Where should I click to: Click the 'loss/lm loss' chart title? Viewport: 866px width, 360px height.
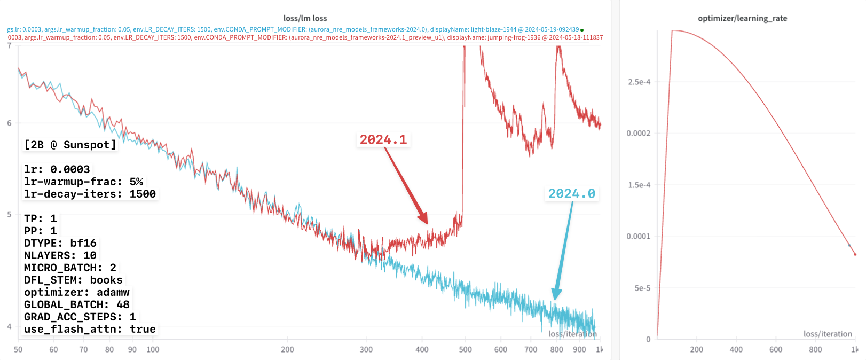coord(305,18)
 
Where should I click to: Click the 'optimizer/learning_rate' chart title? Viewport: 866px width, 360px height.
coord(742,18)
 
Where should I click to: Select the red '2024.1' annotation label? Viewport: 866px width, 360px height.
coord(383,140)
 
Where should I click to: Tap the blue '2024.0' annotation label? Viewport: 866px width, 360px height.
coord(571,194)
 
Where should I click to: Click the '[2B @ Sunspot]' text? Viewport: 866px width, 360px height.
coord(70,145)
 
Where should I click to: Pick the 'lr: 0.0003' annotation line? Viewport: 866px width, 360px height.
coord(57,169)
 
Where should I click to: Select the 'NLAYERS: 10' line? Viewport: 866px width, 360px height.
coord(60,255)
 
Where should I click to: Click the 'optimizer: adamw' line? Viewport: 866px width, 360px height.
coord(77,292)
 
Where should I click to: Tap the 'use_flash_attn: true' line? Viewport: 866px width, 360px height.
coord(90,329)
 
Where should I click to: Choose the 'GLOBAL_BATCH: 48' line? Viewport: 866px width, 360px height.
coord(77,304)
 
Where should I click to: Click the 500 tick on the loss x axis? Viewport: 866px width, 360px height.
coord(465,349)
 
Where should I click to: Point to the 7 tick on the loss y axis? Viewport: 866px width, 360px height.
coord(9,46)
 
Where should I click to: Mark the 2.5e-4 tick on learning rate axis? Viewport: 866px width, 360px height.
coord(639,82)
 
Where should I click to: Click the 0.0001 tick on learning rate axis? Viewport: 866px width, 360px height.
coord(638,236)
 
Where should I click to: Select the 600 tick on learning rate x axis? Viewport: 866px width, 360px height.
coord(776,349)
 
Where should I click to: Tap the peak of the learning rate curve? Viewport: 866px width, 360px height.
coord(673,30)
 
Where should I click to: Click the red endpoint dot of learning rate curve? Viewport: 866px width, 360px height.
coord(855,254)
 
